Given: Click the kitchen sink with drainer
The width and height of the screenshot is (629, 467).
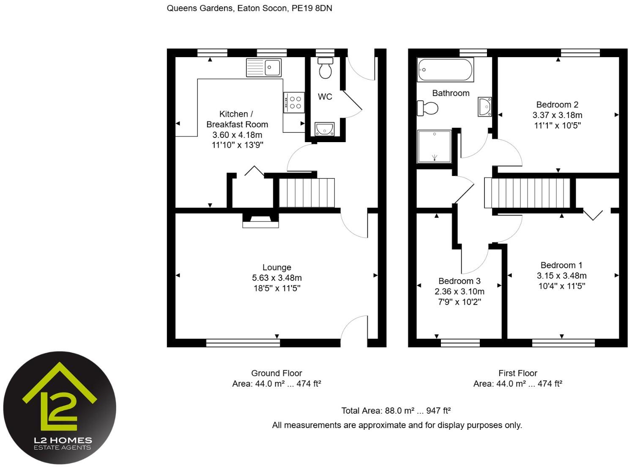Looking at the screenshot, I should [264, 68].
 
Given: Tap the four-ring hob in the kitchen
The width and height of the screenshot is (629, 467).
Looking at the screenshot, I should [293, 102].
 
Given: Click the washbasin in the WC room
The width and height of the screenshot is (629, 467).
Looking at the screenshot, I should [324, 129].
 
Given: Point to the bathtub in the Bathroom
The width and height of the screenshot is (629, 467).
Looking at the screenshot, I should [445, 70].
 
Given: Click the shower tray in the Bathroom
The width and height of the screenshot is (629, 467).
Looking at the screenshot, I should [434, 146].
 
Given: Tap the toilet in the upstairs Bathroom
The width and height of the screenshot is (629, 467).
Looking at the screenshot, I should [428, 108].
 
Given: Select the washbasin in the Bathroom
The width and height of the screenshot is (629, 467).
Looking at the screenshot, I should [485, 107].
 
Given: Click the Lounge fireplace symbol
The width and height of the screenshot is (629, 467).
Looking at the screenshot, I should [260, 220].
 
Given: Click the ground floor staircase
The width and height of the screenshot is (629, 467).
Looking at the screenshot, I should [306, 192].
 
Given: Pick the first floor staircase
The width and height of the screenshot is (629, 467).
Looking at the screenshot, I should [527, 193].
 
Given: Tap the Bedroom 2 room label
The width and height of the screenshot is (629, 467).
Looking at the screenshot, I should [557, 104].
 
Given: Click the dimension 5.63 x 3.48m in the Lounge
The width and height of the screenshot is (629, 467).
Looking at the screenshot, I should [277, 278].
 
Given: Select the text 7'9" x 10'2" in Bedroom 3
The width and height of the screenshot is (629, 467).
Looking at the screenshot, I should [459, 302].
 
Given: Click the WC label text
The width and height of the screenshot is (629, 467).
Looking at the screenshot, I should [325, 97].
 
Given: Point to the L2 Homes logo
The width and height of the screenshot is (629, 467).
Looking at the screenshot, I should [60, 408].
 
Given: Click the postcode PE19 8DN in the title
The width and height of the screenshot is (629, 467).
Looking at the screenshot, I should [312, 8].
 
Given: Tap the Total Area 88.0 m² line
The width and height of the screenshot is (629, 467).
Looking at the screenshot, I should [396, 411].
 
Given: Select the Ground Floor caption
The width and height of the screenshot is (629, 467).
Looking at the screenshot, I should [276, 373].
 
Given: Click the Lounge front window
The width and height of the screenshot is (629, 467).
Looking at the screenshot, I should [243, 343].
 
